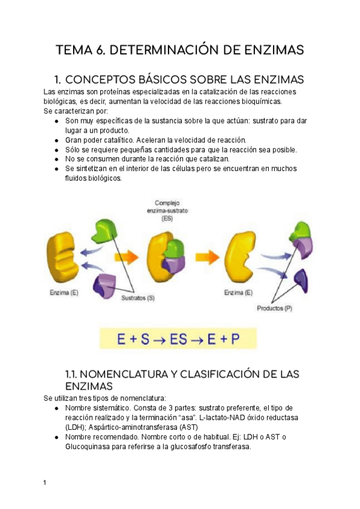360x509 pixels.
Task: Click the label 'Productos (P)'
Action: click(275, 309)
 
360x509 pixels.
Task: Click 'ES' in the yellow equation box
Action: click(178, 339)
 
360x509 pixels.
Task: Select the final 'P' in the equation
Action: click(235, 339)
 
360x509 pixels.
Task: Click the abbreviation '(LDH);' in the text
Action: click(55, 427)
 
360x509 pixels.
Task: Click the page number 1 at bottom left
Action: click(45, 482)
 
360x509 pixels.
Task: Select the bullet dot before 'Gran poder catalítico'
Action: click(56, 140)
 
